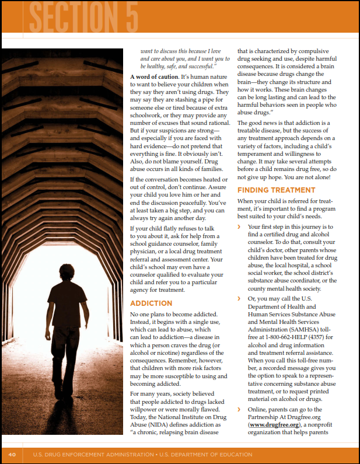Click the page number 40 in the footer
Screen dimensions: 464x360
12,454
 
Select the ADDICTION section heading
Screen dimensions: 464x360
151,303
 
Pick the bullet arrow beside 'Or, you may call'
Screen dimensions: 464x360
239,299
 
